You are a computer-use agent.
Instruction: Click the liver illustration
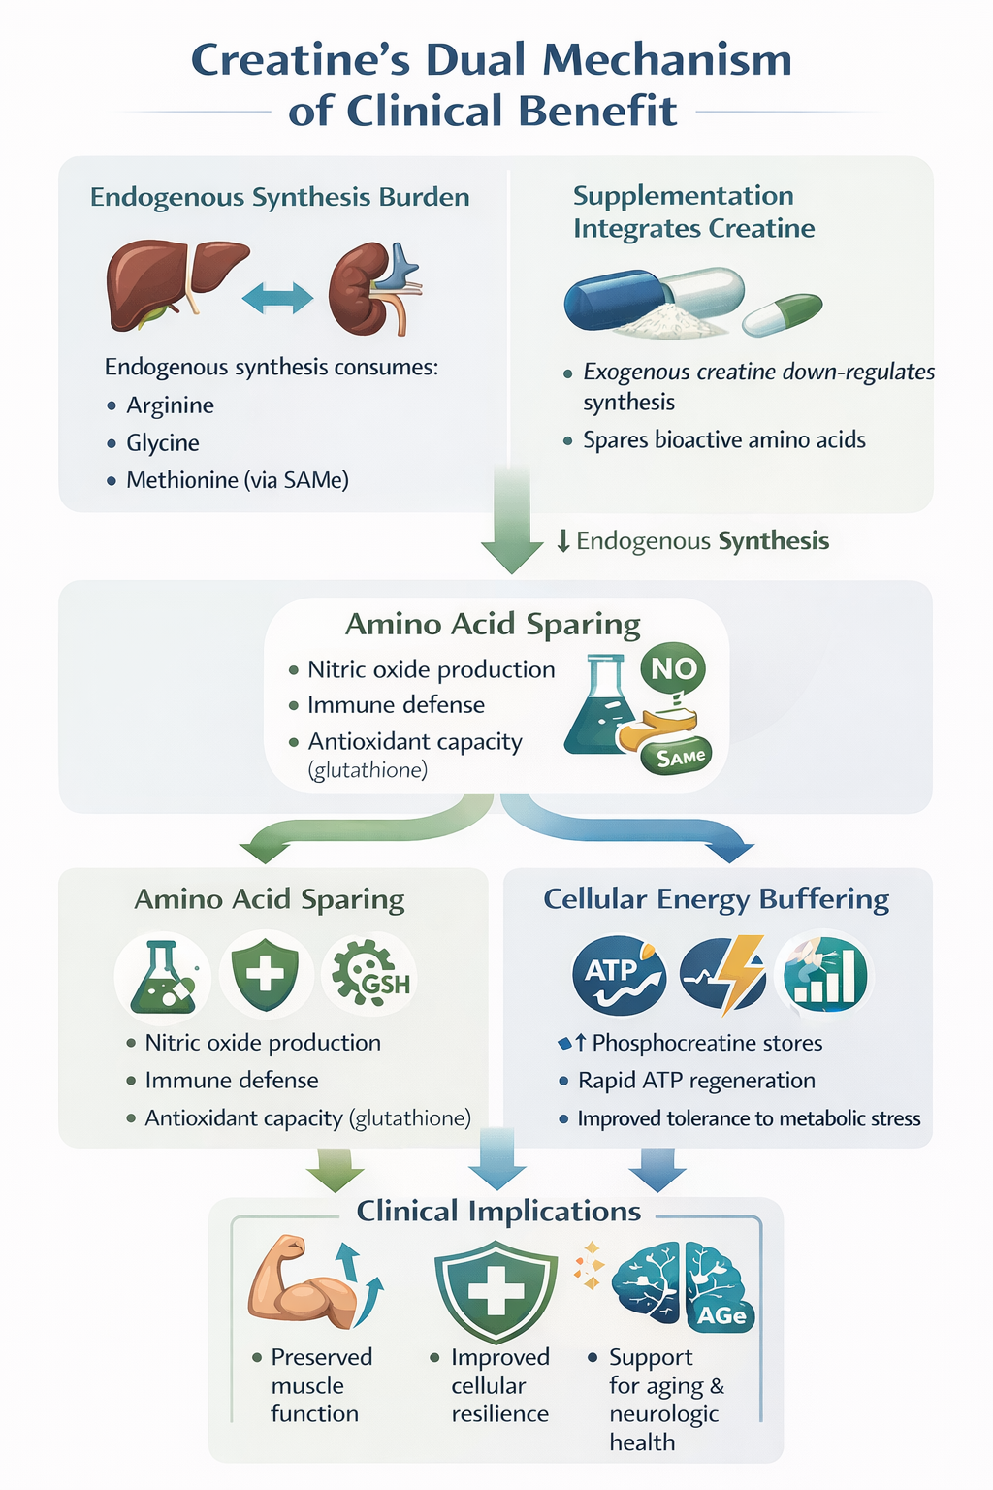[175, 281]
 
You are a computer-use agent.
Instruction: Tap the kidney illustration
[368, 289]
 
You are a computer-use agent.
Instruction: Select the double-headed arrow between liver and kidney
[277, 298]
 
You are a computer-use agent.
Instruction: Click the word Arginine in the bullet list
[170, 405]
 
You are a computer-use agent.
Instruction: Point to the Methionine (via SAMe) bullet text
[237, 480]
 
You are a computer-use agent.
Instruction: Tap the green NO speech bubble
[673, 668]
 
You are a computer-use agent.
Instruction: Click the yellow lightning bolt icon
[735, 974]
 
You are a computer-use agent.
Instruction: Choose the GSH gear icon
[369, 975]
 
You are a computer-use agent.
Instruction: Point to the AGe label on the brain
[721, 1315]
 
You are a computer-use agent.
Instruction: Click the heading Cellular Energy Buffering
[716, 899]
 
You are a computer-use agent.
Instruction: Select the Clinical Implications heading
[498, 1211]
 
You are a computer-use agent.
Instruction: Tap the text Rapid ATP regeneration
[696, 1081]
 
